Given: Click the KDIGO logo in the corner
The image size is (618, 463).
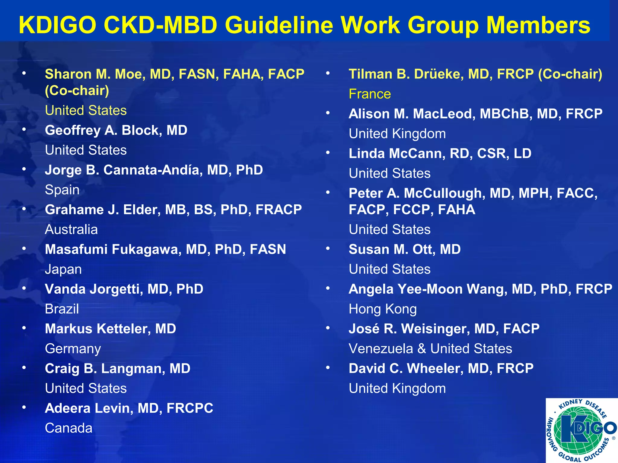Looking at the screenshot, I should pos(581,430).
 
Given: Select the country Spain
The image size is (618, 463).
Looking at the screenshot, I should pos(62,190).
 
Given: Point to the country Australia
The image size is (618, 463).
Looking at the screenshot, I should pos(71,230).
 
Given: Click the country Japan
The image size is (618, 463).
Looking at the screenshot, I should pos(63,269).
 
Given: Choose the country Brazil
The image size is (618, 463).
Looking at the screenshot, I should pos(62,309).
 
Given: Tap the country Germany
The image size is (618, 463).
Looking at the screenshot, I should pos(73,349).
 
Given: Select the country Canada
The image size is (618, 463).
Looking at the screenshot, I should pos(68,428).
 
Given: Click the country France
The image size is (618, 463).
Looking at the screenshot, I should pos(370,94).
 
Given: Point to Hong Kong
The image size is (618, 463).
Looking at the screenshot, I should pos(383,309).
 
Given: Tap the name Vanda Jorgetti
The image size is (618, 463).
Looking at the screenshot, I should pos(94,289).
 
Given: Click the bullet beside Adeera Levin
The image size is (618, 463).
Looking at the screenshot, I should pos(24,407).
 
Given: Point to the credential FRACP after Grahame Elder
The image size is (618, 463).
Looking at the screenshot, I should pos(279,210).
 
